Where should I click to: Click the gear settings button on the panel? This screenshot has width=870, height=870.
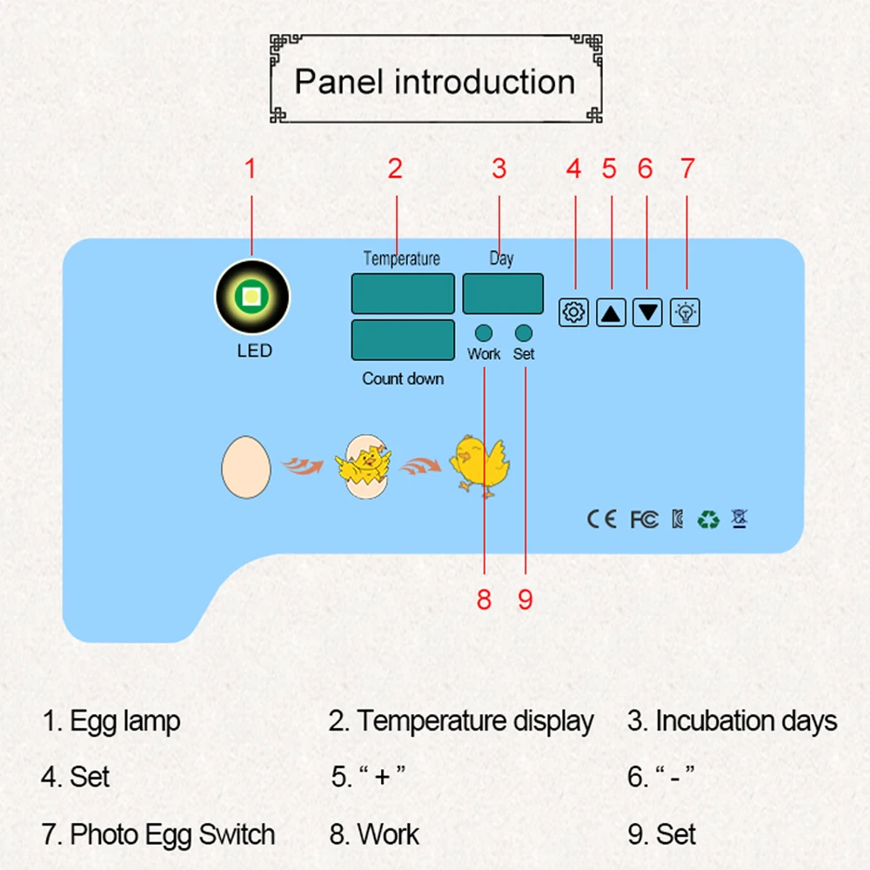click(x=573, y=311)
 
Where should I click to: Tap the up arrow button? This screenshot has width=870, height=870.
click(x=612, y=311)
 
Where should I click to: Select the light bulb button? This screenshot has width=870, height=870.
click(x=685, y=311)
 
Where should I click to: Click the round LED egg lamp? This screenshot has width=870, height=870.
click(x=251, y=298)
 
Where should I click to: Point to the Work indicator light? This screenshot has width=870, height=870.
click(x=484, y=332)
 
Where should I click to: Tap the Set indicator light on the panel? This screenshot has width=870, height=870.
click(x=524, y=332)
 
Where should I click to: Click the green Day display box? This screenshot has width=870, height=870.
click(x=503, y=293)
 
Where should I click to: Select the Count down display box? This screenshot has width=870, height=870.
click(x=403, y=339)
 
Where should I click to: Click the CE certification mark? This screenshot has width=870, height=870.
click(x=601, y=519)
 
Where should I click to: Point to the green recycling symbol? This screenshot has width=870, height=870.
click(x=708, y=520)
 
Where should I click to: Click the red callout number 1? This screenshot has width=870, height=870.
click(x=251, y=168)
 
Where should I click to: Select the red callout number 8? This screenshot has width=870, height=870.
click(x=484, y=599)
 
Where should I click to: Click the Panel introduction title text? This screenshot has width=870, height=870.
click(x=435, y=82)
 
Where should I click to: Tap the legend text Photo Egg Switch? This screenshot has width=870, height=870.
click(x=158, y=834)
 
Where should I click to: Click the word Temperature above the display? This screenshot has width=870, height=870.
click(x=401, y=258)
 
